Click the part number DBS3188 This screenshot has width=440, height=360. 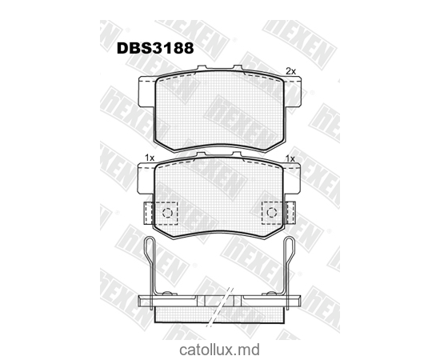click(158, 47)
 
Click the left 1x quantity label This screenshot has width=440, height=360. click(149, 158)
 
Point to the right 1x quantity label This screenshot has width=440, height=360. click(290, 158)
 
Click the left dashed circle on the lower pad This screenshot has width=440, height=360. click(167, 212)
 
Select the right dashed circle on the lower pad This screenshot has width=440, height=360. click(271, 212)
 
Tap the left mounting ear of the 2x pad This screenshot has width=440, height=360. click(146, 91)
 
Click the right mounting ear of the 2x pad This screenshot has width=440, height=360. click(293, 91)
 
